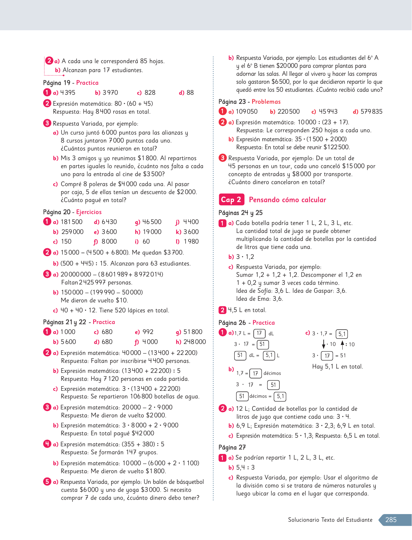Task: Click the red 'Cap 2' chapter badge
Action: (x=231, y=200)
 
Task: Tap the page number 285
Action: (x=391, y=520)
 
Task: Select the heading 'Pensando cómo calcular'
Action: (x=287, y=200)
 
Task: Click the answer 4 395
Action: (x=68, y=93)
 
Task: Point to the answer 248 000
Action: (x=195, y=342)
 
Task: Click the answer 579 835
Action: (x=371, y=112)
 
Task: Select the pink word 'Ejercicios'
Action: (x=89, y=212)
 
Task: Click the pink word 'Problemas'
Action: (x=266, y=102)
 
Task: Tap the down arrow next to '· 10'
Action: (x=324, y=344)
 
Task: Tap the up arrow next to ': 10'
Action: (x=342, y=344)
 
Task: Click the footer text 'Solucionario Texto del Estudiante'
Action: (x=330, y=520)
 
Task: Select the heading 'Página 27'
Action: (x=232, y=447)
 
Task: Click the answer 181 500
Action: (x=71, y=222)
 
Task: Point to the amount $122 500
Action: (x=336, y=147)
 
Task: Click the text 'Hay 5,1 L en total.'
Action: (x=337, y=367)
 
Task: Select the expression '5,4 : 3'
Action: (x=245, y=468)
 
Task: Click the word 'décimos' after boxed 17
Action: (x=272, y=374)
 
